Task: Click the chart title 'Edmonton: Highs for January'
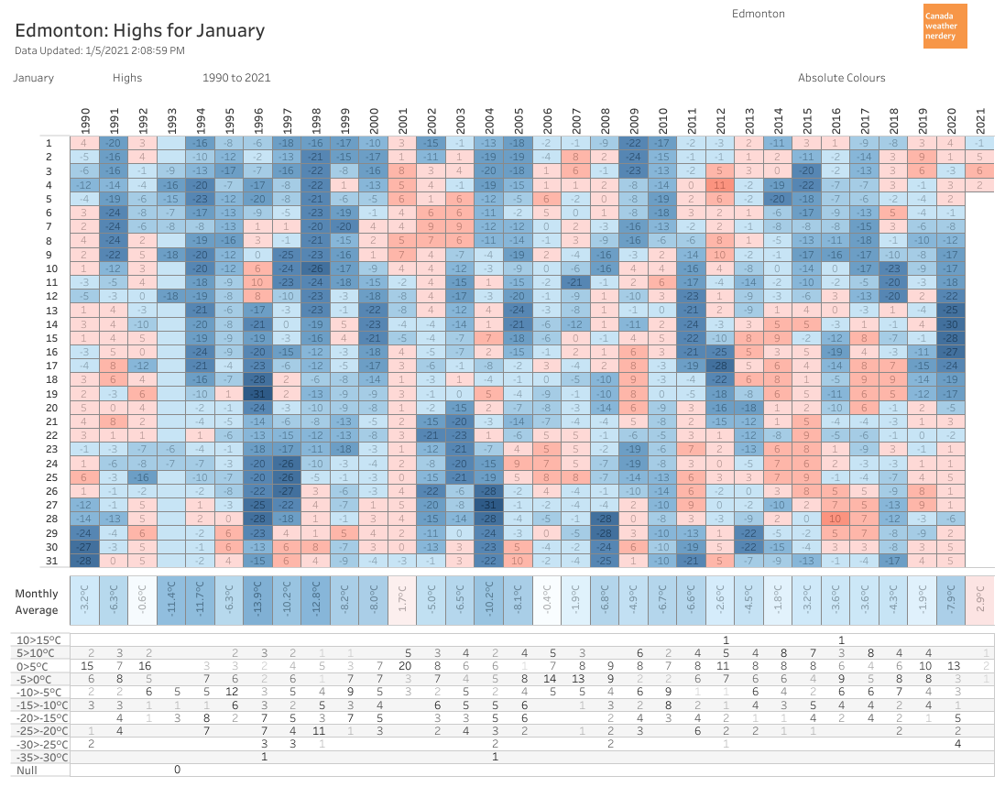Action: tap(139, 30)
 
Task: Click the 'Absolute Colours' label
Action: tap(841, 78)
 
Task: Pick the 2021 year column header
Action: tap(979, 119)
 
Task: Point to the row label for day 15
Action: tap(51, 339)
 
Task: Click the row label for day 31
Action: tap(51, 561)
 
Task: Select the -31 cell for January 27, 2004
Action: tap(489, 505)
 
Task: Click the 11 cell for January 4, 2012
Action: tap(720, 186)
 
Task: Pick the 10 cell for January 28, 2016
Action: tap(836, 519)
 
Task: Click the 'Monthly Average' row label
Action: tap(37, 602)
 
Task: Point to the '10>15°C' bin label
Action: tap(40, 639)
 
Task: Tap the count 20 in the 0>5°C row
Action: tap(404, 665)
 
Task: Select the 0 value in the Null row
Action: tap(177, 770)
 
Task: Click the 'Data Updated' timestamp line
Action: tap(100, 50)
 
